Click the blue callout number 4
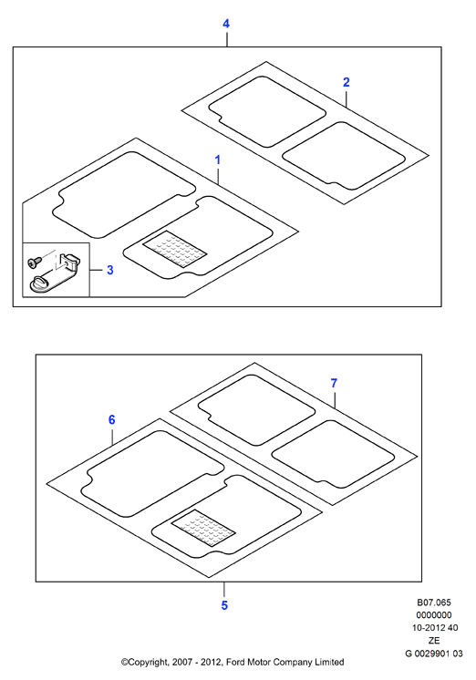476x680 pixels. (x=226, y=24)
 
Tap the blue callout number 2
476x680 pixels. (x=346, y=82)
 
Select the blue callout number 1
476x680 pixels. (x=218, y=160)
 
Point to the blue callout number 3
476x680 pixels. (x=110, y=270)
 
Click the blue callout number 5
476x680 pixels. (x=224, y=605)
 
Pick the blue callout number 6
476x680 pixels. (x=112, y=420)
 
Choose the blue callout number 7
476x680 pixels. (x=334, y=384)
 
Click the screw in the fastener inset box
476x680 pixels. (x=35, y=261)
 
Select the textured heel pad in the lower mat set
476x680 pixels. (x=203, y=528)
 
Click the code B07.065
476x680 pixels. (x=434, y=603)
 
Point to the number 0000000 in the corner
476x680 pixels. (x=434, y=615)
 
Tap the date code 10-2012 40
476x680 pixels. (x=435, y=627)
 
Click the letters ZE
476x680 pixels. (x=434, y=641)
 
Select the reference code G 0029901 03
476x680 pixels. (x=434, y=654)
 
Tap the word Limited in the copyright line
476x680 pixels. (x=329, y=662)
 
